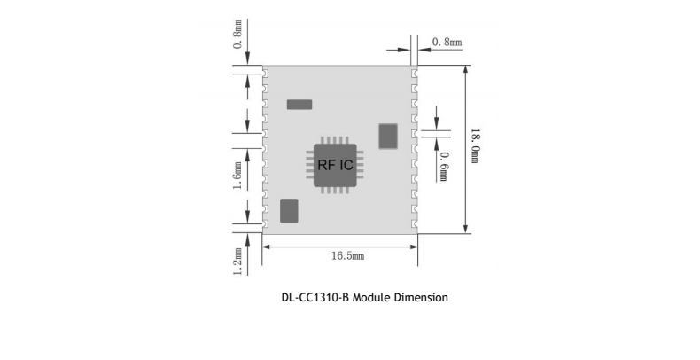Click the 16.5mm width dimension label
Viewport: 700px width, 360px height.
[347, 255]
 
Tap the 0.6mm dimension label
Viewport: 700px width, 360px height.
[443, 166]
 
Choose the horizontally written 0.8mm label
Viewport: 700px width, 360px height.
[446, 42]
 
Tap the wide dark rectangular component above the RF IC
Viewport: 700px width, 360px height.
[299, 105]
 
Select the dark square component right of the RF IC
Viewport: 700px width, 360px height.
[388, 136]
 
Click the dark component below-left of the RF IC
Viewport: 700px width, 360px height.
[289, 210]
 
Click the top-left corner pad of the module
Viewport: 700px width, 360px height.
[265, 69]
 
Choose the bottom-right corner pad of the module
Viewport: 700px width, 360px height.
[415, 228]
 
